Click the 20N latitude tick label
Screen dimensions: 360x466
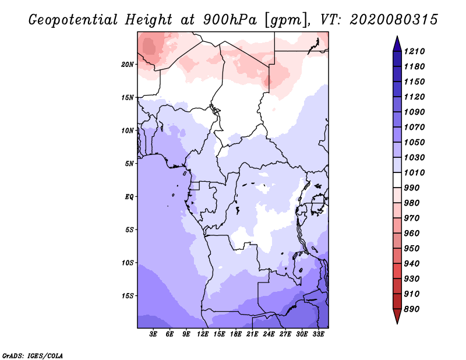(x=128, y=64)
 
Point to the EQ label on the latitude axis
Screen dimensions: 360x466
(x=129, y=197)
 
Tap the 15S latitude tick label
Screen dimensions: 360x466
(x=128, y=296)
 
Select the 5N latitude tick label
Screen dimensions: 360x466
(x=129, y=164)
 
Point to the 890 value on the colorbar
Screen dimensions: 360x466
(x=414, y=309)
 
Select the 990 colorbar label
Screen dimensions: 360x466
(x=414, y=188)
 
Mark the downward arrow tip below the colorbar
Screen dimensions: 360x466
(x=397, y=322)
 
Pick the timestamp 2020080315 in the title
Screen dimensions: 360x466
(x=393, y=20)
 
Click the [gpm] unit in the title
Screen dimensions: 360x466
(x=283, y=20)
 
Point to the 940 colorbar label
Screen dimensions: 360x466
(x=414, y=263)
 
